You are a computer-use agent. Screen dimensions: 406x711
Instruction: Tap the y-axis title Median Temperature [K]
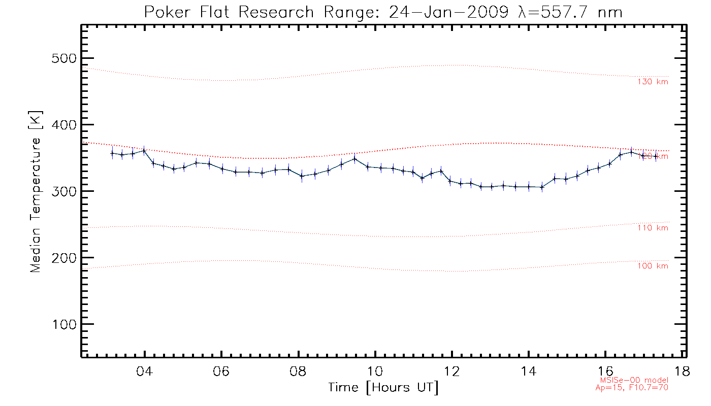coord(35,192)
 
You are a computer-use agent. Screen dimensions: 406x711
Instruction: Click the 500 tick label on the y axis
coord(63,58)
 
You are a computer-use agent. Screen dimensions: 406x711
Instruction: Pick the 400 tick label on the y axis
coord(63,125)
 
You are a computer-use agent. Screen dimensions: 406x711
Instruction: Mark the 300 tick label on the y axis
coord(63,191)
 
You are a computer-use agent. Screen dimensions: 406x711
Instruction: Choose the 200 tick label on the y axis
coord(63,258)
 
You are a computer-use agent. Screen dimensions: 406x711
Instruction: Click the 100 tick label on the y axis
coord(63,324)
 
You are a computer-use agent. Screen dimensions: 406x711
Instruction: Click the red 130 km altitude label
coord(653,82)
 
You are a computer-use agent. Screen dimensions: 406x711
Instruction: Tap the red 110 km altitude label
coord(653,228)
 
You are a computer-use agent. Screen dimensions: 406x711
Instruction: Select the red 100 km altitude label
coord(653,266)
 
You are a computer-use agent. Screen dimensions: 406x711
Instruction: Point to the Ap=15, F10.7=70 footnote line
coord(632,387)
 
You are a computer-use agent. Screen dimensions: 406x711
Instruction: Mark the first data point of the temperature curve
coord(112,153)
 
